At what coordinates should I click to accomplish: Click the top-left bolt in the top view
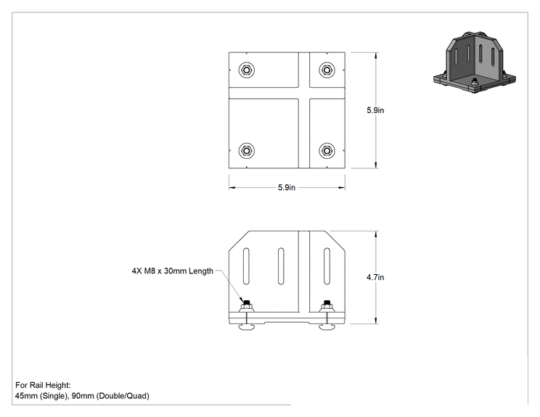click(247, 70)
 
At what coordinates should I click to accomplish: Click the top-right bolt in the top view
click(327, 70)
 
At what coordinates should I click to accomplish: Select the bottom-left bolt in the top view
click(247, 151)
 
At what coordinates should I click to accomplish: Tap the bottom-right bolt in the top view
click(327, 151)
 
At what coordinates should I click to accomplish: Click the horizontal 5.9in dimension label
click(287, 188)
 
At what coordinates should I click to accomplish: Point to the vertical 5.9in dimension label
click(375, 110)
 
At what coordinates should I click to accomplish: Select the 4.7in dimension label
click(375, 277)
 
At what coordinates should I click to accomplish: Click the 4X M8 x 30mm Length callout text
click(173, 271)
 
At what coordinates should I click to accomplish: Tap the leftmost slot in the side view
click(246, 266)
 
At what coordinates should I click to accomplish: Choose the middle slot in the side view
click(281, 266)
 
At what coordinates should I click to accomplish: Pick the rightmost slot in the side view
click(327, 266)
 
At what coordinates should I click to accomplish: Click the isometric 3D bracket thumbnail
click(475, 62)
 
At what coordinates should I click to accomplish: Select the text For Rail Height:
click(43, 385)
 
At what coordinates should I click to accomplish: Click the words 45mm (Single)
click(41, 396)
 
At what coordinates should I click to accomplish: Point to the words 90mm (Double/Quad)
click(110, 396)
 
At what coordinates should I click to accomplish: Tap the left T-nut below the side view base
click(247, 326)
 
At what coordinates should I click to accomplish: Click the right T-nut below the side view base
click(327, 326)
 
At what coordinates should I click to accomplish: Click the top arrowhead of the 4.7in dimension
click(376, 234)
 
